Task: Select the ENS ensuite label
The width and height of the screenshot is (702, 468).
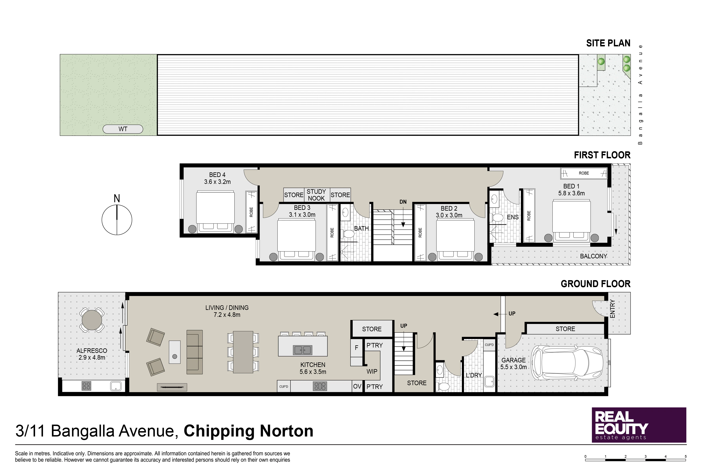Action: [x=513, y=217]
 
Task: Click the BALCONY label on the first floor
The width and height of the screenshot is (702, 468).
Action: [x=593, y=256]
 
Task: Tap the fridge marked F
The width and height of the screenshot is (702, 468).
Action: [x=356, y=348]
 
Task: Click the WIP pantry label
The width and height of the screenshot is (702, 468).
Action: [x=372, y=371]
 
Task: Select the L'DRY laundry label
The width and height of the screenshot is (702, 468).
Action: [x=474, y=375]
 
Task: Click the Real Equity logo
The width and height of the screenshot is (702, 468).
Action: [x=639, y=425]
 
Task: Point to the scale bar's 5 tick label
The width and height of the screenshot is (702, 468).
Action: [x=686, y=456]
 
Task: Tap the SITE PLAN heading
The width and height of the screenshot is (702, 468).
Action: [x=608, y=43]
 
